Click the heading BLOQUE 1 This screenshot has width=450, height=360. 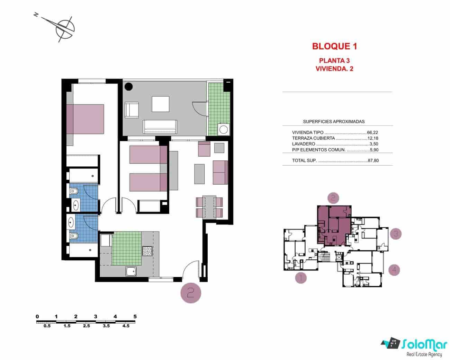pyautogui.click(x=334, y=46)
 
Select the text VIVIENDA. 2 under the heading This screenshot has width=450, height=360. pyautogui.click(x=334, y=68)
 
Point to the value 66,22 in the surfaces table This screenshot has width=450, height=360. pyautogui.click(x=373, y=132)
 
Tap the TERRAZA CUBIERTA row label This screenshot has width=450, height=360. pyautogui.click(x=314, y=138)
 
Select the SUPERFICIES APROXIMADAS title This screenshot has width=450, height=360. pyautogui.click(x=334, y=121)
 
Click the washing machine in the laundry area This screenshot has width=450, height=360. pyautogui.click(x=224, y=130)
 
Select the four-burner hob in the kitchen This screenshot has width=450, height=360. pyautogui.click(x=147, y=251)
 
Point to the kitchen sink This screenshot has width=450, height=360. pyautogui.click(x=132, y=272)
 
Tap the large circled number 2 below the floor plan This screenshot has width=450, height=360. pyautogui.click(x=191, y=293)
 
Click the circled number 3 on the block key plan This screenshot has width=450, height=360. pyautogui.click(x=396, y=234)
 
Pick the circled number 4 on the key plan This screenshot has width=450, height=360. pyautogui.click(x=394, y=270)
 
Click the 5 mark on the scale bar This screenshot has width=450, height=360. pyautogui.click(x=135, y=316)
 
